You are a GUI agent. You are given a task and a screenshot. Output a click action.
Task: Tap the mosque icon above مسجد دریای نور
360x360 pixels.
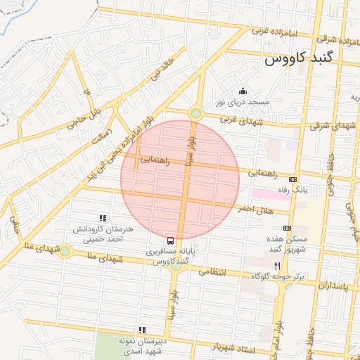pyautogui.click(x=243, y=91)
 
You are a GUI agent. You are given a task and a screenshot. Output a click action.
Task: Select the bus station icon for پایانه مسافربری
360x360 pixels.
pyautogui.click(x=172, y=240)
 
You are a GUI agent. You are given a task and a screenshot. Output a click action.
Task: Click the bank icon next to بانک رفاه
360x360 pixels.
pyautogui.click(x=292, y=179)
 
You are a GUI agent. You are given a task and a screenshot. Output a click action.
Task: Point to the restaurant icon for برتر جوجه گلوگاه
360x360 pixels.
pyautogui.click(x=278, y=266)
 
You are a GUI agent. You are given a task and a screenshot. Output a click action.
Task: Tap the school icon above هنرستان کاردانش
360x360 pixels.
pyautogui.click(x=103, y=219)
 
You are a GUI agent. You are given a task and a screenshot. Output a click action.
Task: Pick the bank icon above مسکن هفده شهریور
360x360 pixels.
pyautogui.click(x=286, y=228)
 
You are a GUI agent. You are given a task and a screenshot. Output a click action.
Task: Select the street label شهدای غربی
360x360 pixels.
pyautogui.click(x=239, y=120)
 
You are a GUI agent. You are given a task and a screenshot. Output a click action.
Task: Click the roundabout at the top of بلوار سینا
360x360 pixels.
pyautogui.click(x=196, y=112)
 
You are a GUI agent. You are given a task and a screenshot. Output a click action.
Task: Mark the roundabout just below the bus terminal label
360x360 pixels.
pyautogui.click(x=176, y=266)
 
